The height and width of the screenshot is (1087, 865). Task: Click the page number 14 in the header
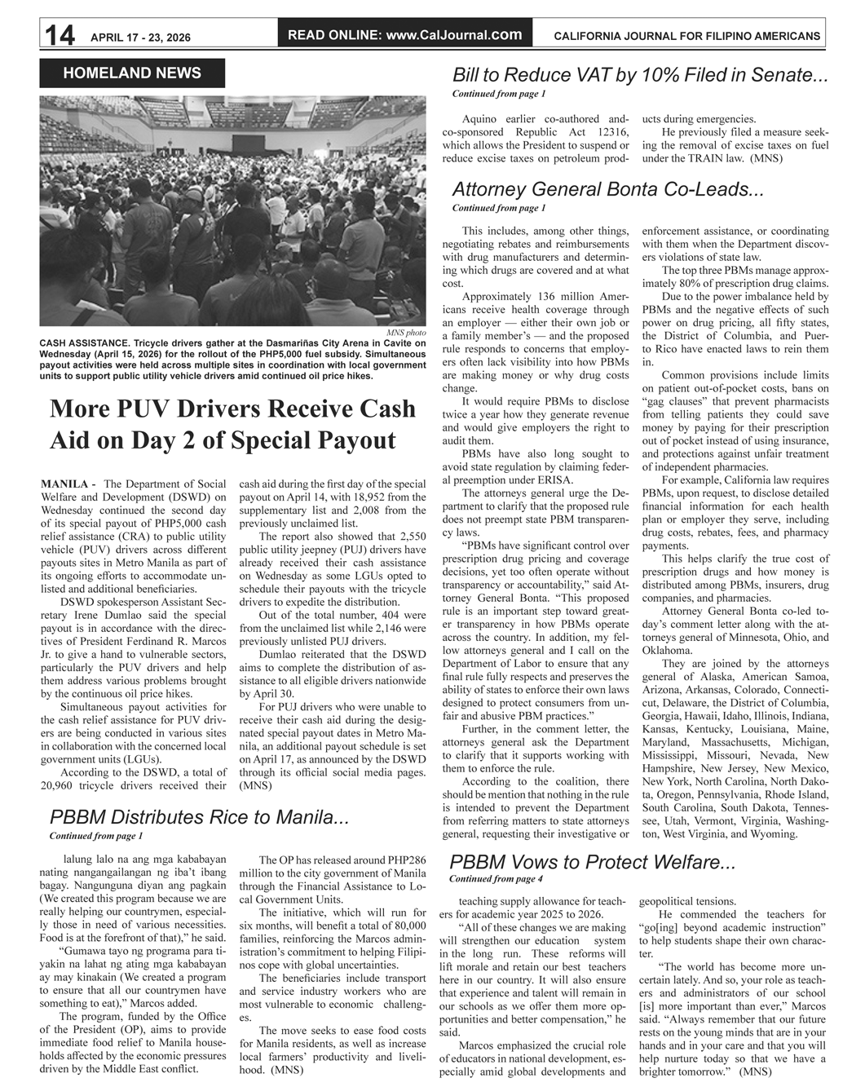pyautogui.click(x=60, y=36)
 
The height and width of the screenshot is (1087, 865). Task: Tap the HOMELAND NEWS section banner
pyautogui.click(x=131, y=73)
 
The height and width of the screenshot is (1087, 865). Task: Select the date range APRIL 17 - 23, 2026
pyautogui.click(x=140, y=38)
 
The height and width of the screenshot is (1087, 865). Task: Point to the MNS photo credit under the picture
pyautogui.click(x=406, y=333)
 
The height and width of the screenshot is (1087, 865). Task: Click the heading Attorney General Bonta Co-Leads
pyautogui.click(x=607, y=189)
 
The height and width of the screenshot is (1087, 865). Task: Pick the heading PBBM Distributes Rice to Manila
pyautogui.click(x=199, y=817)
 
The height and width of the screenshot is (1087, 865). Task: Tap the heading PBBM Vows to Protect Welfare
pyautogui.click(x=592, y=862)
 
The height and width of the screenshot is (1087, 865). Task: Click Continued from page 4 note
pyautogui.click(x=496, y=879)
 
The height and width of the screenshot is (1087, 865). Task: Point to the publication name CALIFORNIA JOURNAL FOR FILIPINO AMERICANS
pyautogui.click(x=686, y=37)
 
